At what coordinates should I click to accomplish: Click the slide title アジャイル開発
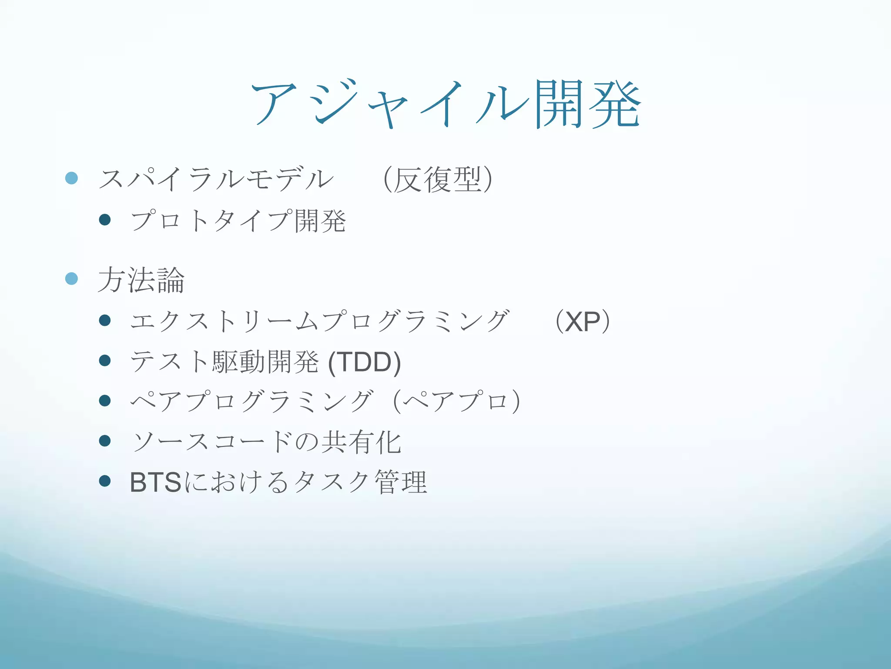pos(445,105)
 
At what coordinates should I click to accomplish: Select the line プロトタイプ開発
pos(238,220)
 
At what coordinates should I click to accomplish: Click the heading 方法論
pos(141,280)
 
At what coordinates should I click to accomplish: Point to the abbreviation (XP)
pos(583,322)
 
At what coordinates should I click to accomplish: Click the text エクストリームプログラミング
pos(319,322)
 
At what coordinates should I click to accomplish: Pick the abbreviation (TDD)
pos(365,362)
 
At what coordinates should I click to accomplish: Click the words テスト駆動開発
pos(224,362)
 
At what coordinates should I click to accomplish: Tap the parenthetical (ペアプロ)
pos(457,401)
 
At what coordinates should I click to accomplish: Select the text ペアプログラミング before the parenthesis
pos(251,401)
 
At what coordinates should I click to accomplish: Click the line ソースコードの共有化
pos(266,442)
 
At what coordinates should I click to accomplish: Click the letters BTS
pos(155,482)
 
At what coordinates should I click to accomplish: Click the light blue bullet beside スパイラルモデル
pos(71,178)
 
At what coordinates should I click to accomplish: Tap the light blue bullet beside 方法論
pos(71,279)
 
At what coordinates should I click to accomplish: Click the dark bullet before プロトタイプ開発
pos(105,220)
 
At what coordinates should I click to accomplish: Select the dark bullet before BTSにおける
pos(105,481)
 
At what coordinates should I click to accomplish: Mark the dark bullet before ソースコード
pos(105,441)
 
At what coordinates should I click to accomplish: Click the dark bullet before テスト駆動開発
pos(105,361)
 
